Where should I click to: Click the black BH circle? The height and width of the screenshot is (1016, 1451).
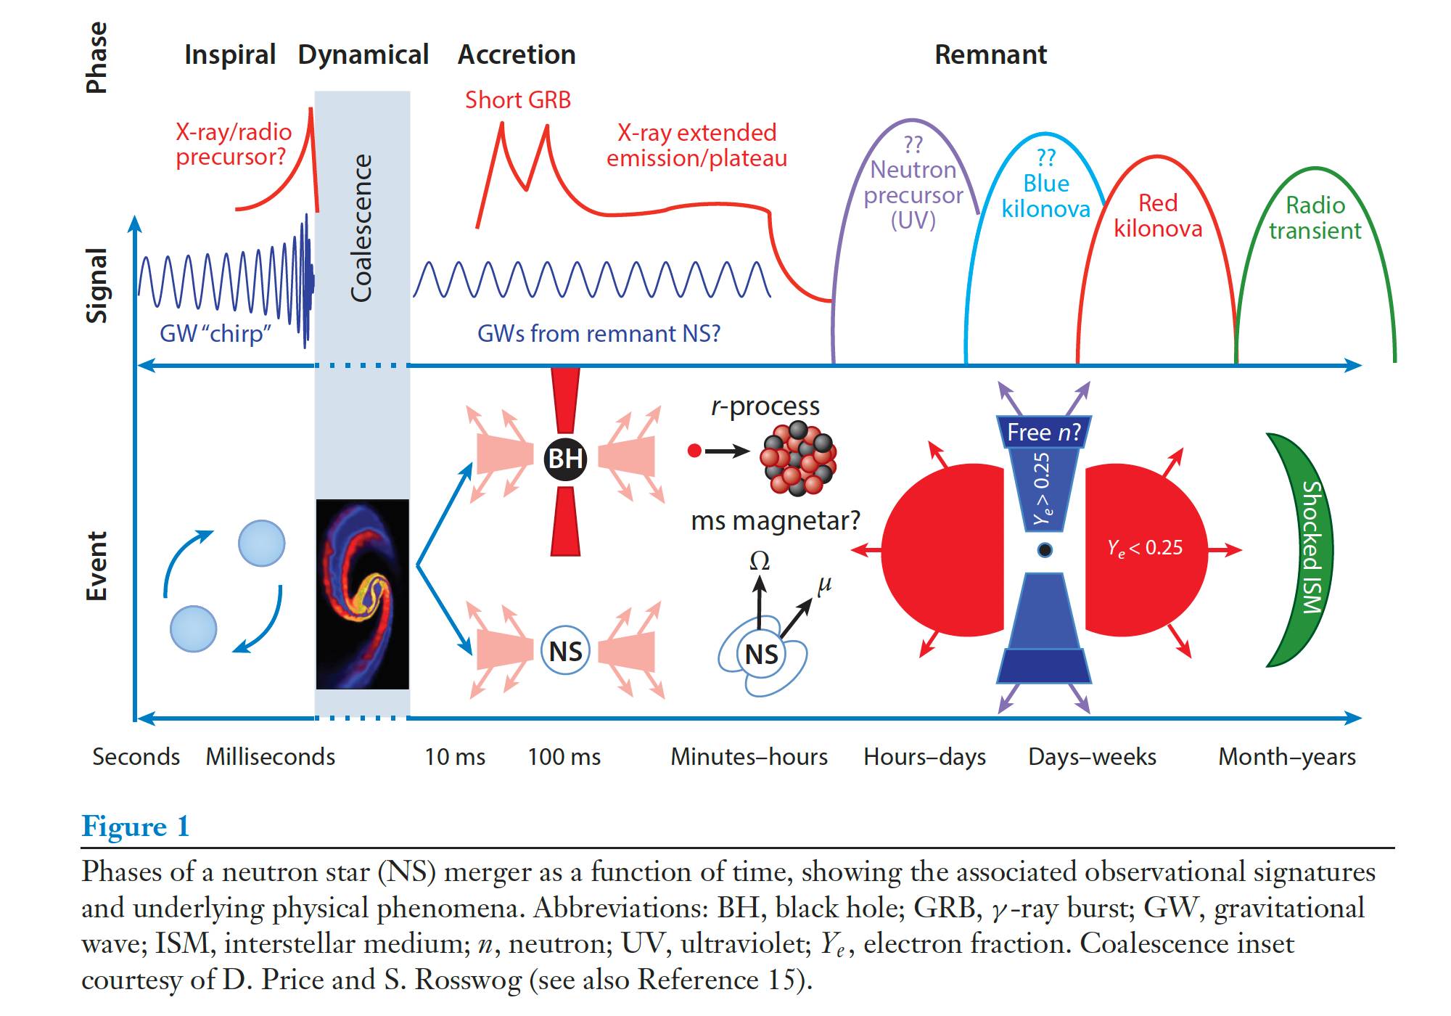[565, 459]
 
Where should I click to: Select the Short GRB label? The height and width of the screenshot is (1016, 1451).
[518, 99]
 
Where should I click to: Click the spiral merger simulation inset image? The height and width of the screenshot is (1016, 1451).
[362, 594]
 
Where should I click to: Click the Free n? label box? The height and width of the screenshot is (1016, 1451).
[1043, 433]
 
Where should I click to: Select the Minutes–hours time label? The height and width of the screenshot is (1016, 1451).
[749, 757]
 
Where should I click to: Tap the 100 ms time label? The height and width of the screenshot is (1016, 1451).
[564, 757]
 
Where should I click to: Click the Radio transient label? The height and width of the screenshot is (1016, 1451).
[1315, 218]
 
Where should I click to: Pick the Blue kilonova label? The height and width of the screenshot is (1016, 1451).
[1045, 196]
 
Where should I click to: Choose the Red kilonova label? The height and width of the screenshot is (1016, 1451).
[1158, 216]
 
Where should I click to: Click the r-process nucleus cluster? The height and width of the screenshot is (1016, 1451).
[798, 458]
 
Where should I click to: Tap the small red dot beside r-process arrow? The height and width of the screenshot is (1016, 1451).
[694, 451]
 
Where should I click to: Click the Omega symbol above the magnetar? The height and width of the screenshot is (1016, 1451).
[760, 561]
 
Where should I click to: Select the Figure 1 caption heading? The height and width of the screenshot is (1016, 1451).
[136, 827]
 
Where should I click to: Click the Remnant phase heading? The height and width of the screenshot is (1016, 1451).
[990, 54]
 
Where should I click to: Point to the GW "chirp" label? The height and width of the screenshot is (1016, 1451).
[215, 333]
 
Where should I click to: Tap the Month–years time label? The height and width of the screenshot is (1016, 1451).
[1286, 757]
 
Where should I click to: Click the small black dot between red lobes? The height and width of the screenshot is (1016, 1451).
[1045, 549]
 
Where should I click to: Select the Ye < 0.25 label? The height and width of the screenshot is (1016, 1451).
[1145, 548]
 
